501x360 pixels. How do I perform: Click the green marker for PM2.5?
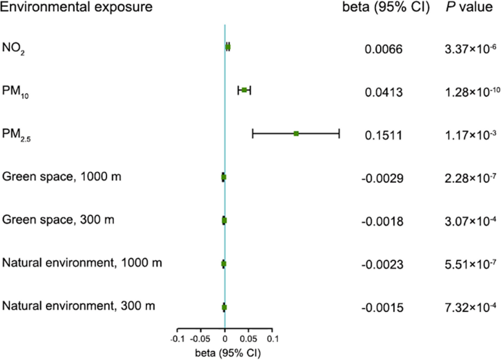pyautogui.click(x=296, y=134)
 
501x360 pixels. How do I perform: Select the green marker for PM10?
pyautogui.click(x=244, y=90)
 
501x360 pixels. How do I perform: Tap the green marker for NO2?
pyautogui.click(x=228, y=47)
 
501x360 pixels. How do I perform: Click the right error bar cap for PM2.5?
pyautogui.click(x=339, y=134)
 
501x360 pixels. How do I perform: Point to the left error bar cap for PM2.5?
pyautogui.click(x=253, y=134)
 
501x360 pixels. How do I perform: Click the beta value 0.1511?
pyautogui.click(x=383, y=135)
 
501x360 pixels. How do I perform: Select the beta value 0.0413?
pyautogui.click(x=383, y=92)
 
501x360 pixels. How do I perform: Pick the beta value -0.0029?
pyautogui.click(x=382, y=178)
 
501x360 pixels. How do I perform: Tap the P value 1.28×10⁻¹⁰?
pyautogui.click(x=472, y=92)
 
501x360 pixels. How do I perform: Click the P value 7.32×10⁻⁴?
pyautogui.click(x=470, y=307)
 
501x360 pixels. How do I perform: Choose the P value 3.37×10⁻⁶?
pyautogui.click(x=470, y=49)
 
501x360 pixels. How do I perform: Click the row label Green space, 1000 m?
pyautogui.click(x=61, y=177)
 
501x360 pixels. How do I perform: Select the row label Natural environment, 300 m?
pyautogui.click(x=78, y=306)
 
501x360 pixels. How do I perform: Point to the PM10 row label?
pyautogui.click(x=15, y=91)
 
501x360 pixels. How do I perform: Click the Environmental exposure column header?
pyautogui.click(x=76, y=7)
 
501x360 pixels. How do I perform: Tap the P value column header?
pyautogui.click(x=469, y=7)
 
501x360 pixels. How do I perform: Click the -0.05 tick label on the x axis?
pyautogui.click(x=200, y=339)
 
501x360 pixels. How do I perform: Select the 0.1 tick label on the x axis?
pyautogui.click(x=272, y=339)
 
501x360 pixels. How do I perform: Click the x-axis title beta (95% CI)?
pyautogui.click(x=228, y=353)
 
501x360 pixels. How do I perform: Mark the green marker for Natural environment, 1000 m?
pyautogui.click(x=224, y=264)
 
